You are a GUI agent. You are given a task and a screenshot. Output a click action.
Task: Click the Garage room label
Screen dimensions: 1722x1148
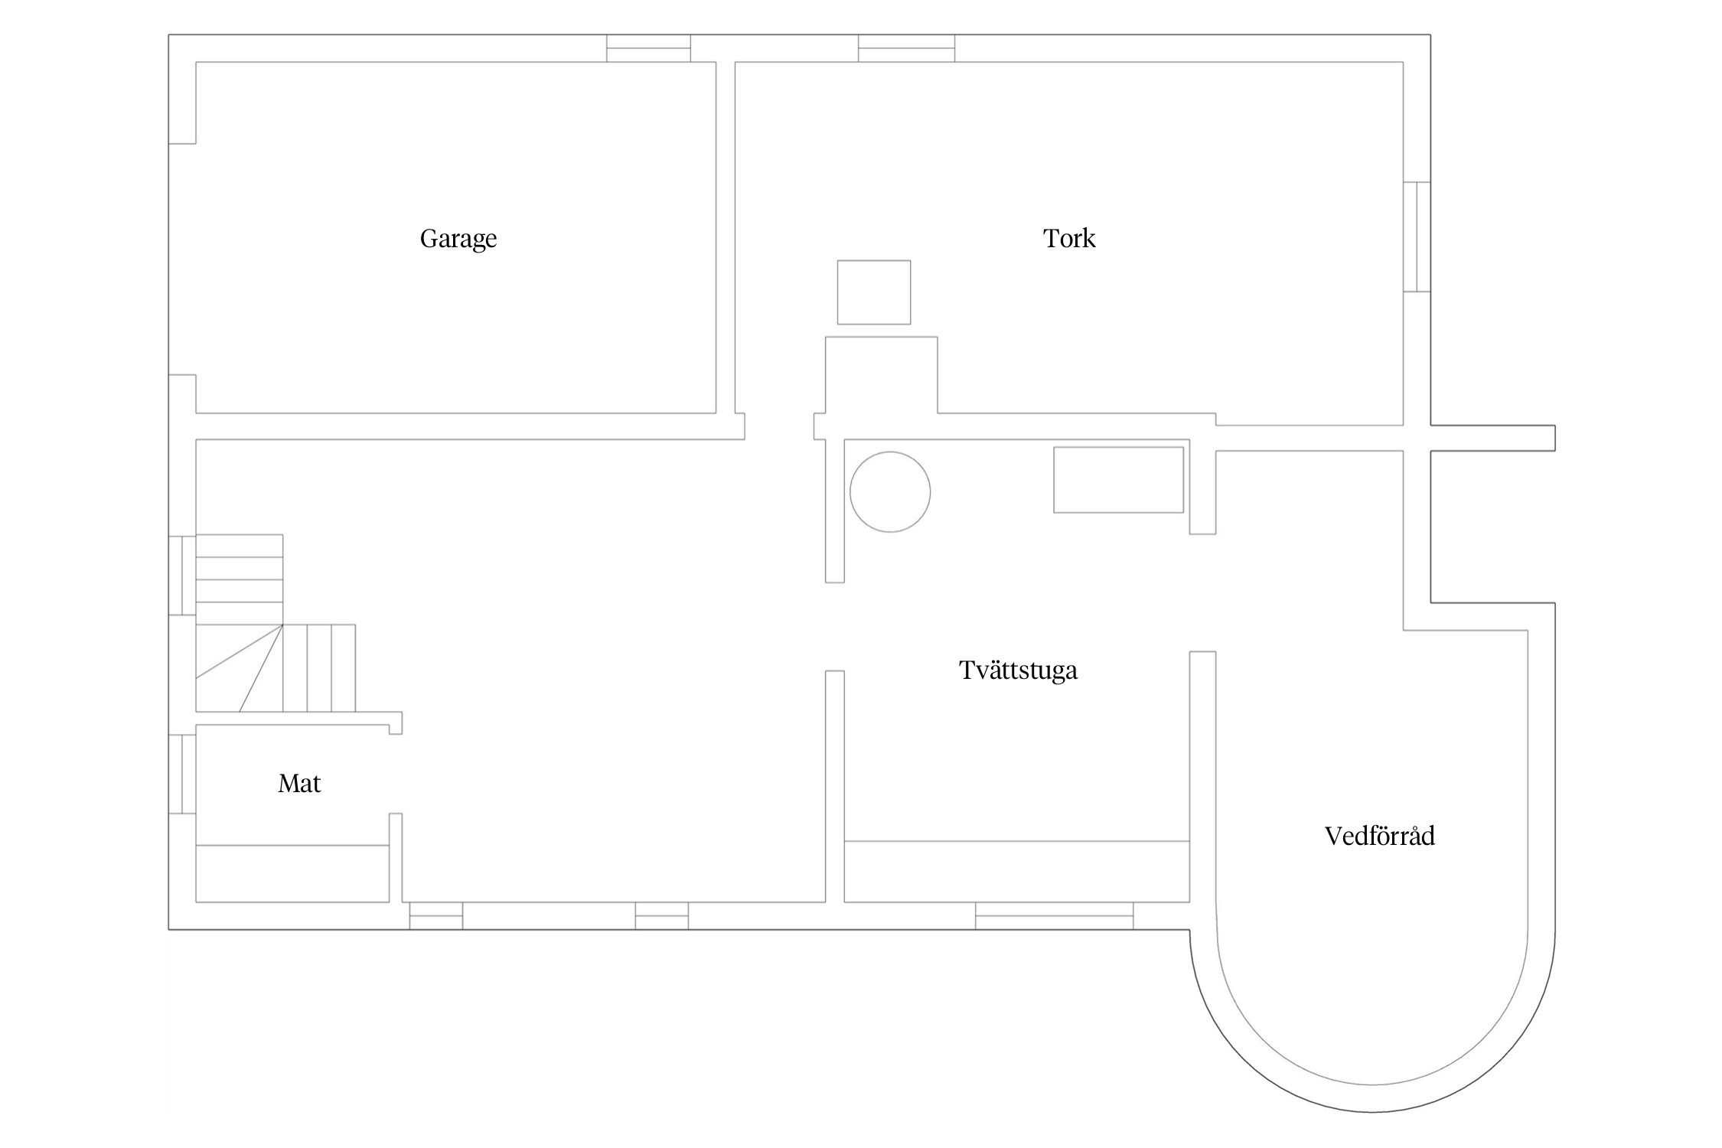[458, 239]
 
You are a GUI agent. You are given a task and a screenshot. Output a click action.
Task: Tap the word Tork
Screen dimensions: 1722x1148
[1069, 238]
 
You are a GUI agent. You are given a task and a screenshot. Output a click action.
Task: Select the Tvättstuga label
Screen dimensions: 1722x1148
[1018, 670]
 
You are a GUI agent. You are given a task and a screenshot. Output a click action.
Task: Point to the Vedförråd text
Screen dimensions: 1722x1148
[1379, 836]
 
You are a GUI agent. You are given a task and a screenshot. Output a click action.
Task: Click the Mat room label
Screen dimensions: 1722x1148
[299, 783]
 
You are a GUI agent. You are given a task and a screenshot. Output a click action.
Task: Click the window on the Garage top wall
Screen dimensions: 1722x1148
[648, 48]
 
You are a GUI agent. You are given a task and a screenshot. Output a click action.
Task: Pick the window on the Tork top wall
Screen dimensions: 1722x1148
[906, 48]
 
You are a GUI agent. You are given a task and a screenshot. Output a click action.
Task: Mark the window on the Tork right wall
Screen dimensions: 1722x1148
[1417, 236]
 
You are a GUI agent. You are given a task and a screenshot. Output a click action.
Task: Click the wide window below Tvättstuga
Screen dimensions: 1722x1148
[1054, 915]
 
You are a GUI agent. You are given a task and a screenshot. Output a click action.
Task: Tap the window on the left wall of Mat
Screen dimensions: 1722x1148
[182, 774]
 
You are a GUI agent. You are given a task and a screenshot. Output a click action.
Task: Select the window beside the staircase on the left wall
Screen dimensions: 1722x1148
[182, 576]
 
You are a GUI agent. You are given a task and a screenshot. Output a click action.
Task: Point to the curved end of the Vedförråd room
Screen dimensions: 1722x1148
[1371, 1098]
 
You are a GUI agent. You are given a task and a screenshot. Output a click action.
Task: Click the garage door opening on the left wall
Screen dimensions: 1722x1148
[182, 259]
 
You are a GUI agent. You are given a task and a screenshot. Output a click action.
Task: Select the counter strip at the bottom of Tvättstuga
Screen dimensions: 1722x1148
[1017, 871]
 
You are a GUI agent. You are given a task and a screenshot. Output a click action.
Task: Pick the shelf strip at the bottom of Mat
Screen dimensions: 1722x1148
[292, 873]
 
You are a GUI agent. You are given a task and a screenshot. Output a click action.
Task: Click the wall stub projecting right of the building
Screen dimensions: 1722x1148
[1492, 438]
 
